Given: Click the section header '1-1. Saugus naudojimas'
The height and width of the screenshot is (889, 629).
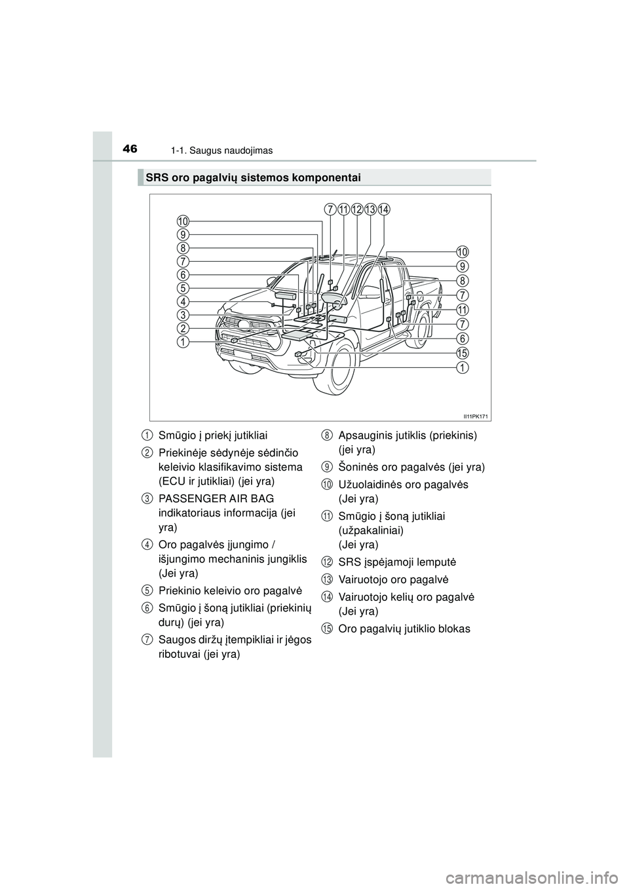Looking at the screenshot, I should pos(227,151).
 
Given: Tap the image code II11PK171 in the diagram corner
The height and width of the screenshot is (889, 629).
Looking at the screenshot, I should pos(477,416).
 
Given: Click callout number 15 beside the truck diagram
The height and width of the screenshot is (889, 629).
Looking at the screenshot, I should pos(463,353).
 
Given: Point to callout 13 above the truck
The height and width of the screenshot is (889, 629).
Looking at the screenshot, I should pos(370,209).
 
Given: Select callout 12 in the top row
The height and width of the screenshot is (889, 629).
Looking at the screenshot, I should pos(356,209).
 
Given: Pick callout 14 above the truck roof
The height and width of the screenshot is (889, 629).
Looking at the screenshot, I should pos(384,209).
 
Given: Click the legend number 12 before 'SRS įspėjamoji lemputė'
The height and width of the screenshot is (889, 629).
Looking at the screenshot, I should pos(326,562).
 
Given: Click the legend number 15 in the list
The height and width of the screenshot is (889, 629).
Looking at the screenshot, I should pos(326,629).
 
